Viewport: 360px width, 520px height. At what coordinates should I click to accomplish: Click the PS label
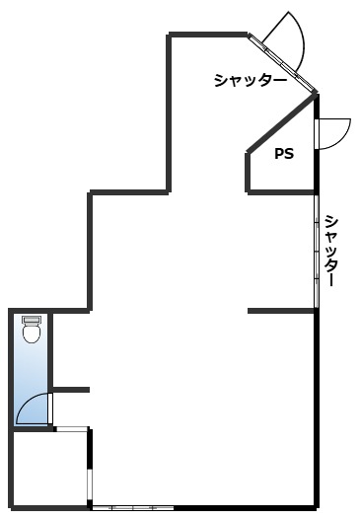click(x=284, y=154)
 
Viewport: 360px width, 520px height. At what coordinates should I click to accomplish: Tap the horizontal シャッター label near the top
click(x=251, y=81)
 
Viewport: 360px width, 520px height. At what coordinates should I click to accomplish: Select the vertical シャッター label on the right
click(x=331, y=250)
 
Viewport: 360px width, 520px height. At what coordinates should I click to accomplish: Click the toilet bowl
click(x=32, y=334)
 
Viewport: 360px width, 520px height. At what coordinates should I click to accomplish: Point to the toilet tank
click(x=32, y=320)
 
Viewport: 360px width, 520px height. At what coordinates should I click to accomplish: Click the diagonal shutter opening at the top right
click(x=282, y=62)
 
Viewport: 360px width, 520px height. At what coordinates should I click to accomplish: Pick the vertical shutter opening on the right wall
click(x=317, y=252)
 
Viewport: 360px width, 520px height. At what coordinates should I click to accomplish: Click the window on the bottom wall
click(x=132, y=508)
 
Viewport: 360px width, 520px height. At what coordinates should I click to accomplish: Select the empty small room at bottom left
click(x=50, y=469)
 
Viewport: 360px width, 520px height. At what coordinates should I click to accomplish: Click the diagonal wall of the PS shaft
click(x=282, y=123)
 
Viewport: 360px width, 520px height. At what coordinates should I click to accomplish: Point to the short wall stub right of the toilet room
click(x=71, y=390)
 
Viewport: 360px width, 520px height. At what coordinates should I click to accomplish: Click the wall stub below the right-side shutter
click(x=281, y=311)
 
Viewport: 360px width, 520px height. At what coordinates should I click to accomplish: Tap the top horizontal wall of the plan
click(x=208, y=35)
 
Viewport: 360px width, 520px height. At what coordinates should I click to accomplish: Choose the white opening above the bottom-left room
click(x=71, y=429)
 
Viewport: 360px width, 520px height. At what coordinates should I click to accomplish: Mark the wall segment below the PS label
click(x=280, y=192)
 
